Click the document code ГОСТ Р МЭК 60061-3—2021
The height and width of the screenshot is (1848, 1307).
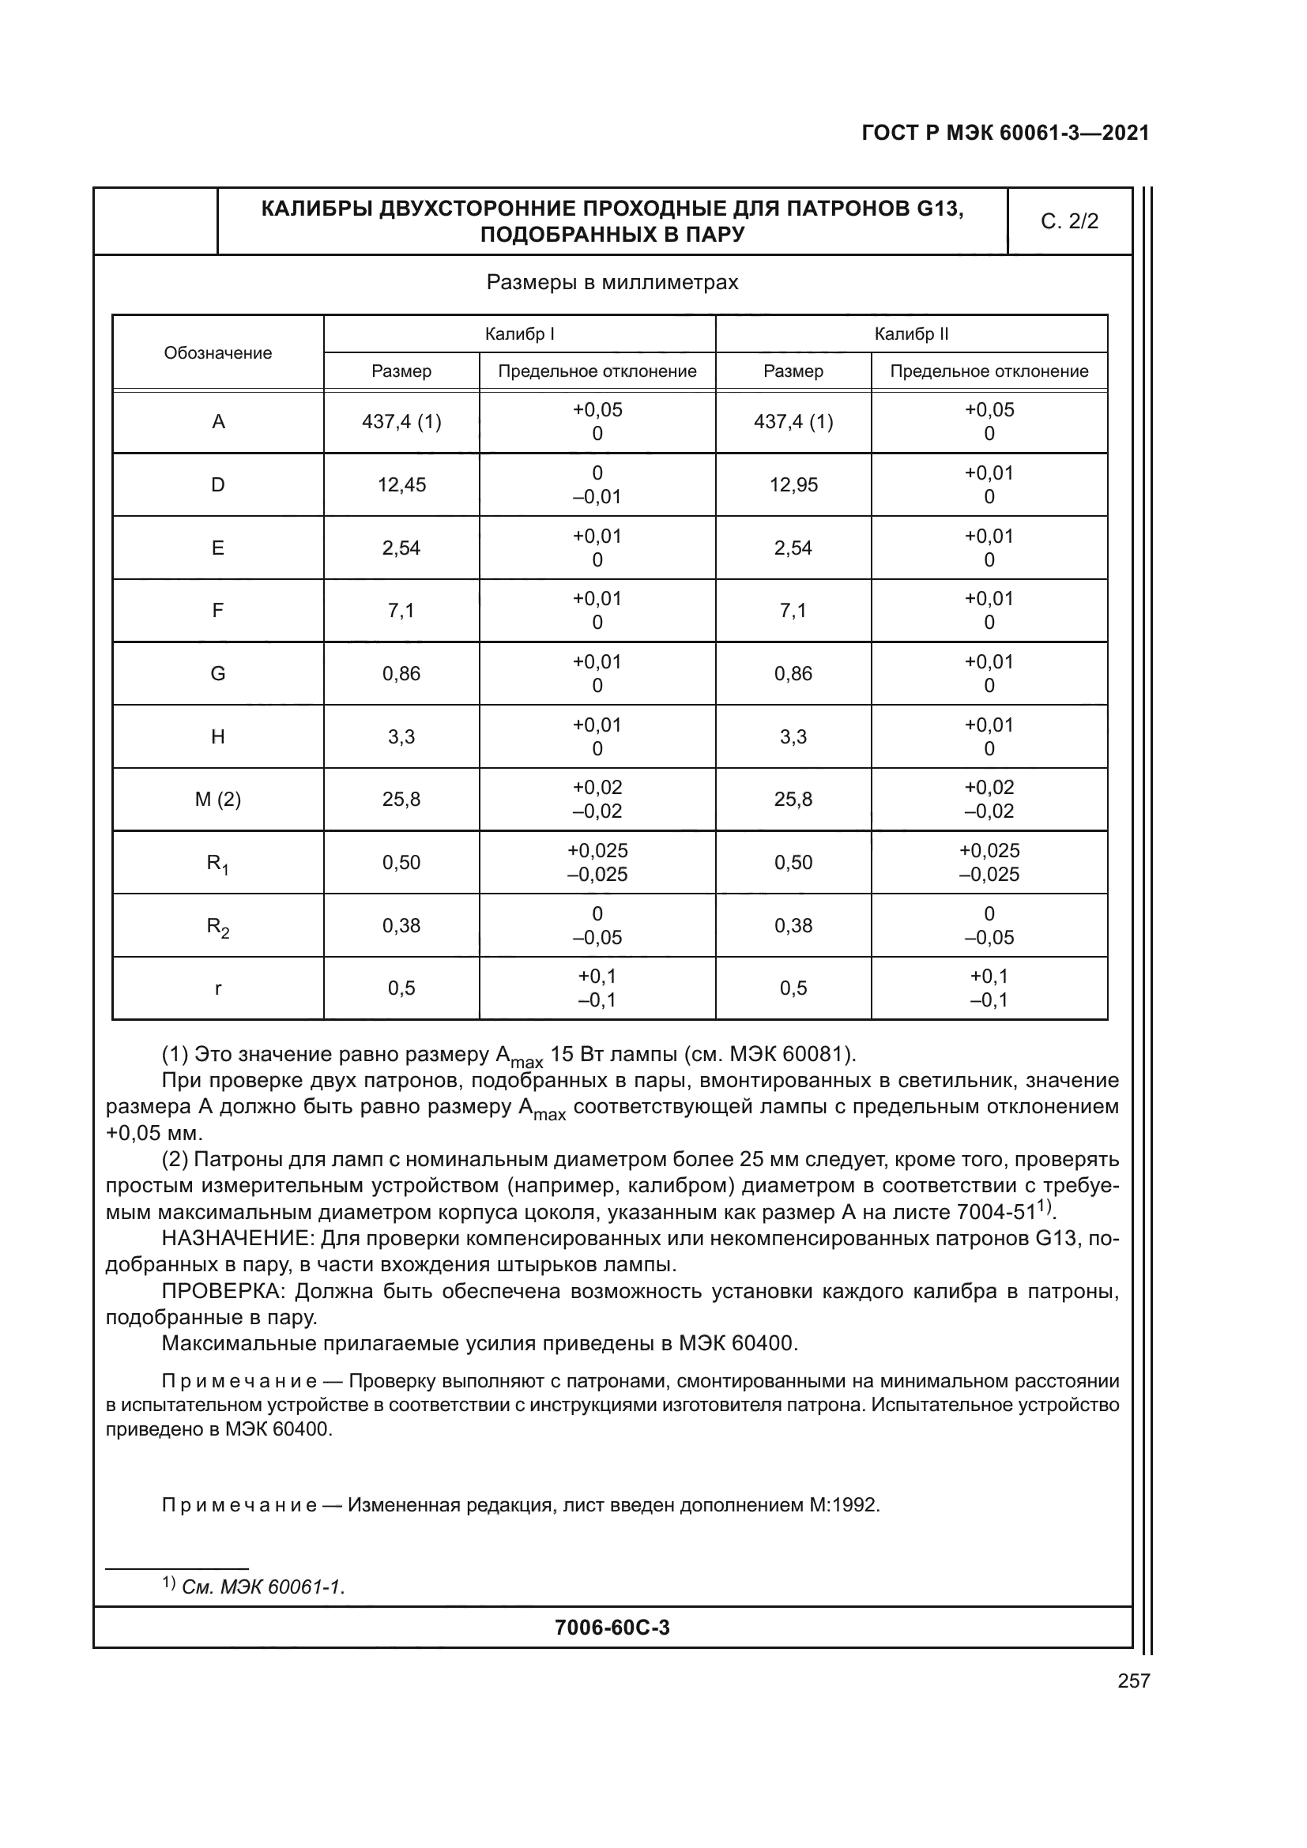pos(1005,133)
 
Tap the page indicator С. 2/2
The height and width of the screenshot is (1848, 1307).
pos(1069,221)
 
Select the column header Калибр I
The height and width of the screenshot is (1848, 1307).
pos(519,334)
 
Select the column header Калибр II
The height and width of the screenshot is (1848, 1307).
pos(911,334)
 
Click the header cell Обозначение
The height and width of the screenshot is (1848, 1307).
pos(217,352)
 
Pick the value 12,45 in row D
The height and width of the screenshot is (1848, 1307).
pos(401,484)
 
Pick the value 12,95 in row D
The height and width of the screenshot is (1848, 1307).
pos(793,484)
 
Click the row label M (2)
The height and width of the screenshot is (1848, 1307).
pos(217,800)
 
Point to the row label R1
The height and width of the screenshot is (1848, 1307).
pos(217,864)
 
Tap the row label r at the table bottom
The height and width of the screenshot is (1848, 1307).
pos(217,988)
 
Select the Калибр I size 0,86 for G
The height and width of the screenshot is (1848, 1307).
pos(401,674)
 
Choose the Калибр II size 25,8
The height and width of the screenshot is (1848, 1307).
pos(793,800)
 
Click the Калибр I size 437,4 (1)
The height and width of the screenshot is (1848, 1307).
pos(401,422)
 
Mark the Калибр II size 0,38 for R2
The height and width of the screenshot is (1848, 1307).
pos(793,926)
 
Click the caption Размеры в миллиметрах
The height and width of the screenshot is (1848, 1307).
pos(612,283)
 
